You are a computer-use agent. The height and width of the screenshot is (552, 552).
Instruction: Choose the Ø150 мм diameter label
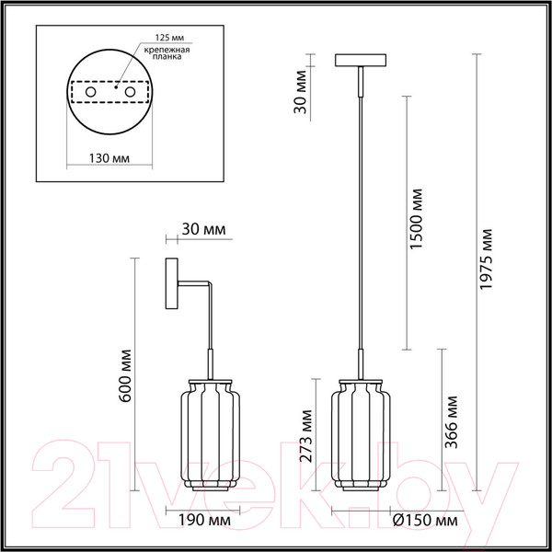coord(424,521)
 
